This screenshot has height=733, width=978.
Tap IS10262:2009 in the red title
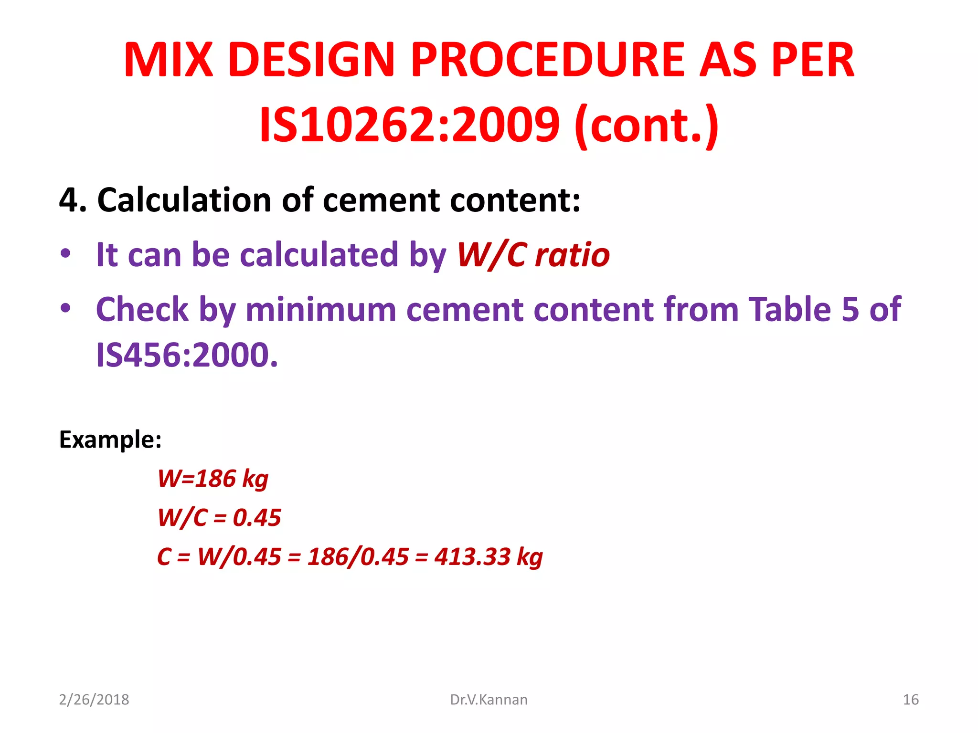coord(409,125)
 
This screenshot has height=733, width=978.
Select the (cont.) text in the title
coord(647,125)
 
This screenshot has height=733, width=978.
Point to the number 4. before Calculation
coord(73,199)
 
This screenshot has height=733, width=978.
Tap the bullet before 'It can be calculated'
coord(65,253)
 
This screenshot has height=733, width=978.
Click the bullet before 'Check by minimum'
coord(65,308)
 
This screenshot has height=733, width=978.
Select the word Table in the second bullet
coord(789,309)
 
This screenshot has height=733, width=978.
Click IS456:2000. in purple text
coord(187,355)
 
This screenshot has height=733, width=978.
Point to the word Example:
coord(110,439)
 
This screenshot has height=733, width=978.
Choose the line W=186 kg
coord(213,478)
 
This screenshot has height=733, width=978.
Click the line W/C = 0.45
coord(219,517)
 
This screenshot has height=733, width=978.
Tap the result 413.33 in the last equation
coord(472,556)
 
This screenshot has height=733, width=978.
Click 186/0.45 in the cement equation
coord(358,556)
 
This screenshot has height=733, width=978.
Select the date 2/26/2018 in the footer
coord(94,700)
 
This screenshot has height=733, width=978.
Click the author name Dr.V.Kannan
coord(489,700)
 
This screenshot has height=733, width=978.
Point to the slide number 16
coord(911,700)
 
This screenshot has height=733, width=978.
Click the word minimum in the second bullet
coord(321,309)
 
